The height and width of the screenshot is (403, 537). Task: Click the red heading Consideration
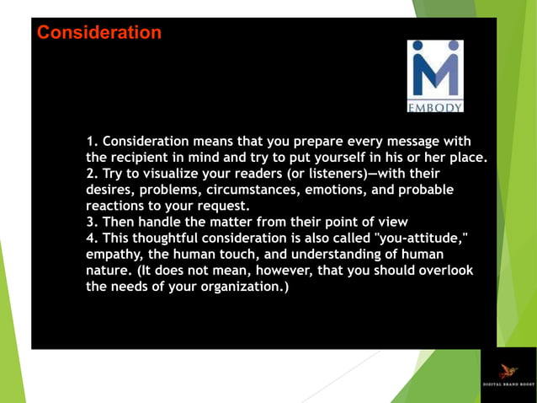(99, 33)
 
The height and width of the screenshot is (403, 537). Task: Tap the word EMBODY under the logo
(434, 107)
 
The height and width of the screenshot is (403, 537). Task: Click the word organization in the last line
(240, 287)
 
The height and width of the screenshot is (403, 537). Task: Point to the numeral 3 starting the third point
(90, 222)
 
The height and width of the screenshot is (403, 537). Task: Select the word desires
(112, 190)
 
